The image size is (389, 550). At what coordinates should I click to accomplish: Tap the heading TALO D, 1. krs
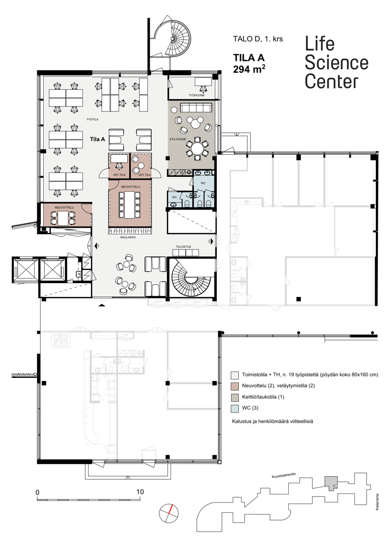coord(258,39)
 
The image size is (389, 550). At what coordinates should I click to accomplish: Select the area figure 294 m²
coord(249,69)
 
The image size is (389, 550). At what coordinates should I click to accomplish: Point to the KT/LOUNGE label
coord(178,139)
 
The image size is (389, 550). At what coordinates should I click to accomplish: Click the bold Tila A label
coord(97,139)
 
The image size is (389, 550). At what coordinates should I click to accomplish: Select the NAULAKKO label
coord(127,237)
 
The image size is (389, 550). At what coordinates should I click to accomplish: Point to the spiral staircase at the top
coord(173,38)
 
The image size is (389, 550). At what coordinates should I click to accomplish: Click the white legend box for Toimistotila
coord(235,375)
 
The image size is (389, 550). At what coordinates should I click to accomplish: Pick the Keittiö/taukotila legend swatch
coord(235,397)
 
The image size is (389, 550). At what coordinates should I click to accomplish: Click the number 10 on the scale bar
coord(141,492)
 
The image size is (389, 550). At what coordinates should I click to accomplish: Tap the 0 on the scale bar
coord(37,492)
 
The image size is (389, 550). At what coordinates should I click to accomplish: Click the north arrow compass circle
coord(169,513)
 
